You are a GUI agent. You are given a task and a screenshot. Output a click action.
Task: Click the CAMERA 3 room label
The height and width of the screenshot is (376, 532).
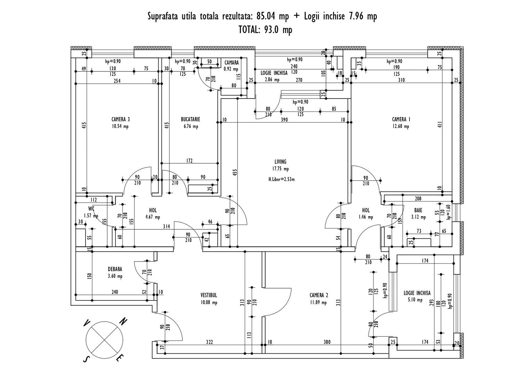pos(120,119)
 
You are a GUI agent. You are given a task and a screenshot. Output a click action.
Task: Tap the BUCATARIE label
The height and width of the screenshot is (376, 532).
pos(190,119)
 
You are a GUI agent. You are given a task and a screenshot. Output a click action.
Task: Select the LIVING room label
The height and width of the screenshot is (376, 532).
pos(280,162)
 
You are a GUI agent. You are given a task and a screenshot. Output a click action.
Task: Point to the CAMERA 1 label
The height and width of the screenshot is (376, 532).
pos(401,119)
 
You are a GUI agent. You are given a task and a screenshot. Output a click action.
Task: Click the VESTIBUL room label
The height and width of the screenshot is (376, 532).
pos(209,295)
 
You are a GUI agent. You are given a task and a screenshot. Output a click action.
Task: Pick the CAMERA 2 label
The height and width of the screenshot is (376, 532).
pos(319,295)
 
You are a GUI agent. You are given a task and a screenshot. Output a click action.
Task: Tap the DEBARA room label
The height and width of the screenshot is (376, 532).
pos(115,269)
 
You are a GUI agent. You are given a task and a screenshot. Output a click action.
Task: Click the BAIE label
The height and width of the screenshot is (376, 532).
pos(418,210)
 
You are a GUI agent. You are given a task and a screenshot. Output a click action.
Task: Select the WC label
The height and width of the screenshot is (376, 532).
pos(91,209)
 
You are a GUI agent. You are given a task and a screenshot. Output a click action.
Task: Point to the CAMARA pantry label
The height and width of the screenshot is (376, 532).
pos(231,63)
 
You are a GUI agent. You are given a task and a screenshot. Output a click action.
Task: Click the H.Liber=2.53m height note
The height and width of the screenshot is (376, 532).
pos(281,180)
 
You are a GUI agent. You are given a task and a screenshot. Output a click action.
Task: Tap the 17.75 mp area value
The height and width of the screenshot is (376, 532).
pos(280,169)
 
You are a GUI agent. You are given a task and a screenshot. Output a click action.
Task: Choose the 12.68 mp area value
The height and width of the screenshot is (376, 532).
pos(401,126)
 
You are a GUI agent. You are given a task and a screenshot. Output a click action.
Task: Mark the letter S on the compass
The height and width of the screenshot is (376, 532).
pos(85,359)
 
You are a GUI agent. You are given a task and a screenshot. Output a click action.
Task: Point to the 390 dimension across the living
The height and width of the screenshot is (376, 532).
pos(284,120)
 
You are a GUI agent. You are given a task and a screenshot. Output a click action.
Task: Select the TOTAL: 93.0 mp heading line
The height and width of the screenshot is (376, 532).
pos(265,30)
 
